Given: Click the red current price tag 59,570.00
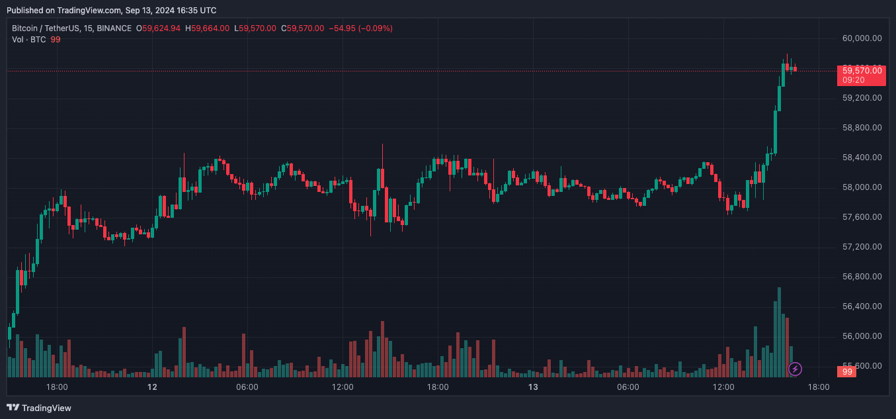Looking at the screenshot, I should click(x=862, y=70).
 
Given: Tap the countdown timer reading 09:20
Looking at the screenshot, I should click(x=854, y=80).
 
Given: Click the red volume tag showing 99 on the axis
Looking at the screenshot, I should click(x=848, y=372).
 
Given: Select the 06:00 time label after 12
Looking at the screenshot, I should click(x=247, y=387).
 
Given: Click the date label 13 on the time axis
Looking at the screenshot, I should click(x=533, y=387).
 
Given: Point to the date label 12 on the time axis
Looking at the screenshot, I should click(x=152, y=387).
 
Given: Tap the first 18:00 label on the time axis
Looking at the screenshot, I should click(x=57, y=387).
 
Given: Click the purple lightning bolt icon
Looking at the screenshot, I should click(x=795, y=369).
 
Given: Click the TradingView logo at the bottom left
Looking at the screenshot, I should click(x=39, y=408).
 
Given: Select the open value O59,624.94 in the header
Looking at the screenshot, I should click(x=159, y=28).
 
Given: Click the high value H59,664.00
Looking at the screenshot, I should click(x=208, y=28).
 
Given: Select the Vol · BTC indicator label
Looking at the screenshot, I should click(x=29, y=40).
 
